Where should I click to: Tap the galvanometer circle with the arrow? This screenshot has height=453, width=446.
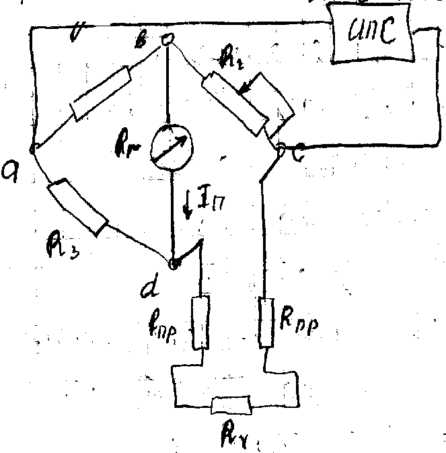(171, 143)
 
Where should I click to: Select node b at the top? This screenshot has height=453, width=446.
(168, 40)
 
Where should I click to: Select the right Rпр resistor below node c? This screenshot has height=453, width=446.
(266, 322)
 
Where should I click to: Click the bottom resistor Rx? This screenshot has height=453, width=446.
(231, 406)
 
